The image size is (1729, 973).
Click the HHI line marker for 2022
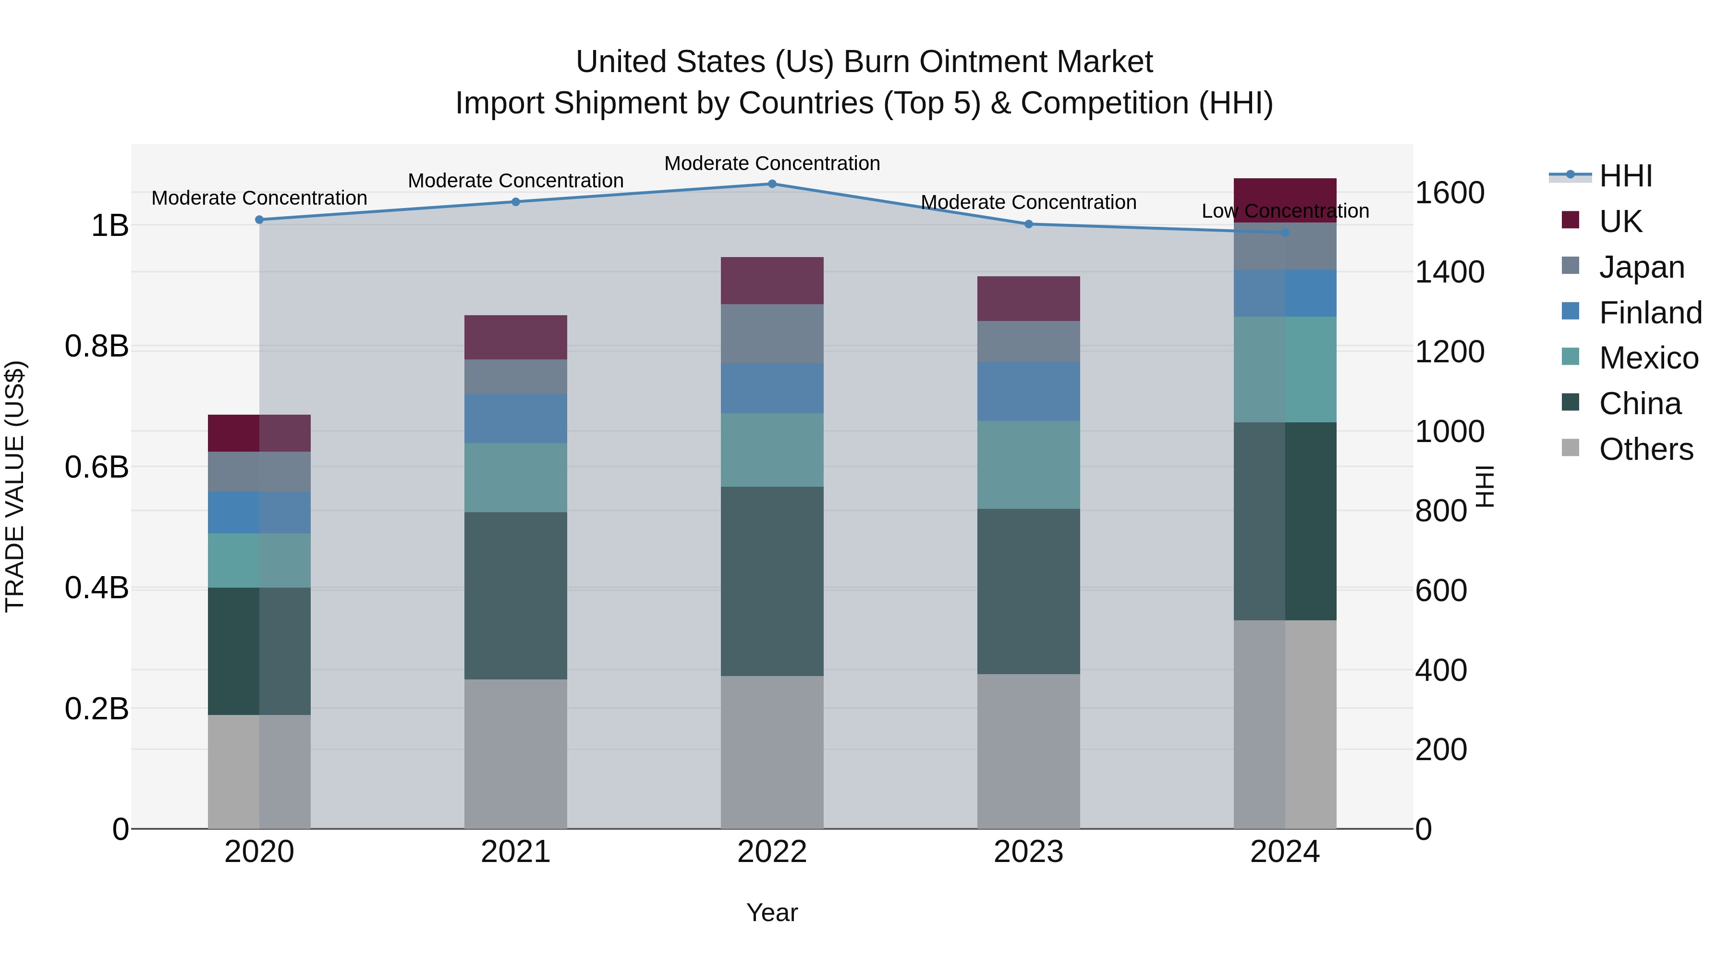[x=772, y=184]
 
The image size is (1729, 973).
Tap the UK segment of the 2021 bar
[x=515, y=337]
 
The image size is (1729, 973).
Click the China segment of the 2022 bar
[x=772, y=581]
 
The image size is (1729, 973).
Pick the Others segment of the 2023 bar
[x=1028, y=751]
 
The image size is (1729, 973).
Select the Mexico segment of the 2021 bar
[x=515, y=478]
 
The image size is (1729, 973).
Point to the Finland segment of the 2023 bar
[x=1028, y=392]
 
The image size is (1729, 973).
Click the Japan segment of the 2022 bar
[x=772, y=334]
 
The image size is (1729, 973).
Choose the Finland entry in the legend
[x=1650, y=313]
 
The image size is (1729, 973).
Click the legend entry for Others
[x=1646, y=449]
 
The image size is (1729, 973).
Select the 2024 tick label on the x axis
[x=1285, y=852]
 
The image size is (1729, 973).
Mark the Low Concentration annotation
[x=1285, y=211]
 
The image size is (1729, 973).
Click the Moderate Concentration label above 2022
[x=772, y=163]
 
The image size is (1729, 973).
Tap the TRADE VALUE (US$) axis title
[x=15, y=486]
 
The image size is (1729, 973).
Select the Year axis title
[x=772, y=912]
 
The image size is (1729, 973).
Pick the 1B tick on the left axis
[x=110, y=226]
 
